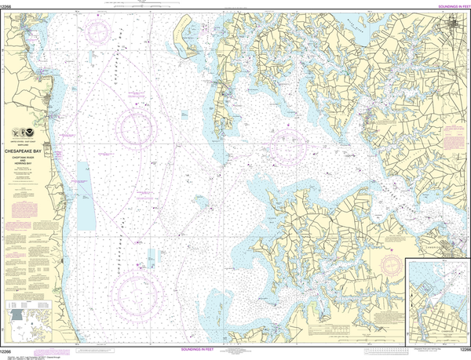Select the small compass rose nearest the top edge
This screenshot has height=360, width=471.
(99, 33)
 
